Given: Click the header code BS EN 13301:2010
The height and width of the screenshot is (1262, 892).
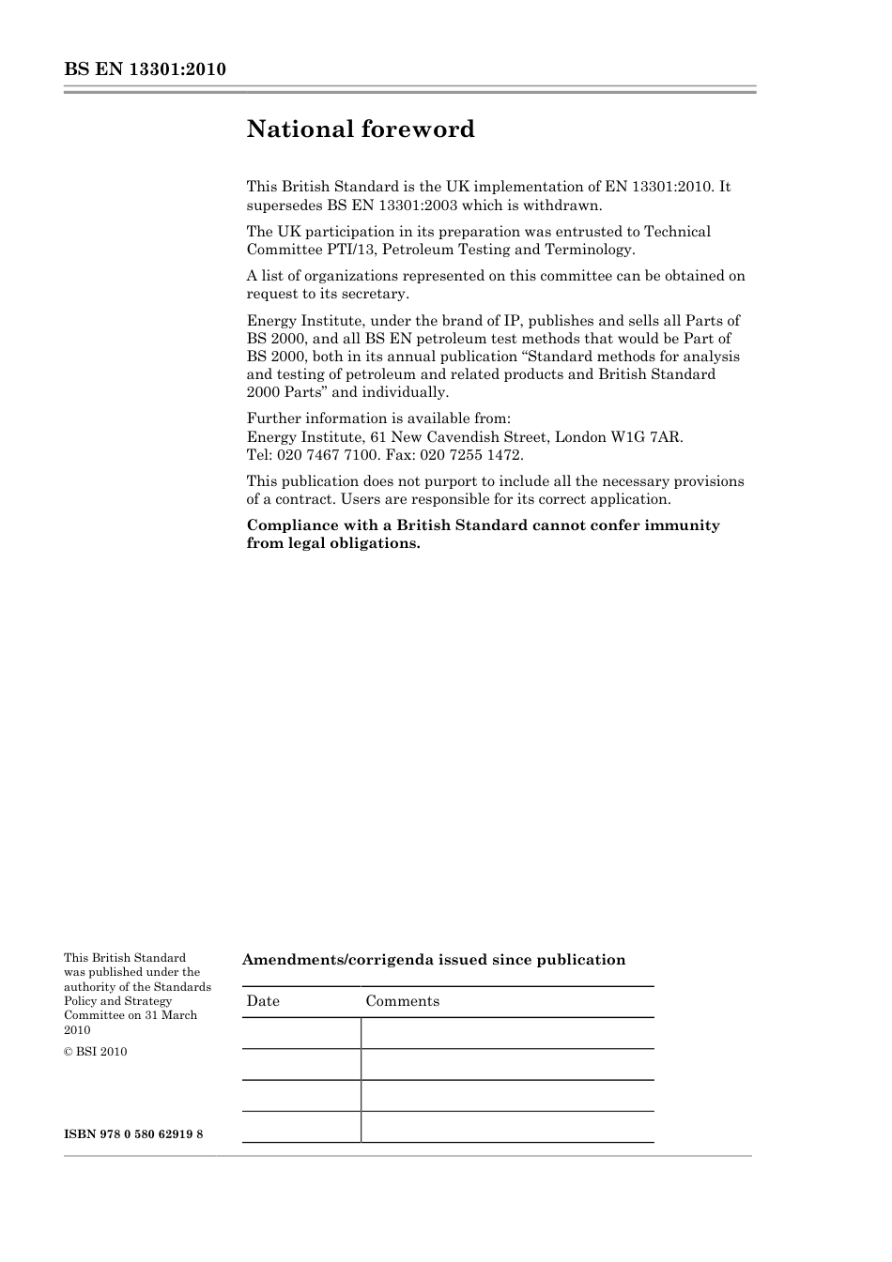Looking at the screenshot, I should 145,70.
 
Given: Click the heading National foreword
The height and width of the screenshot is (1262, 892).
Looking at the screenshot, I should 361,129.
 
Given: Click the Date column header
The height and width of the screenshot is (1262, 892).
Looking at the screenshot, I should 263,1001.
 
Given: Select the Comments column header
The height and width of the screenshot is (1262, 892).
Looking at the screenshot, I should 402,1001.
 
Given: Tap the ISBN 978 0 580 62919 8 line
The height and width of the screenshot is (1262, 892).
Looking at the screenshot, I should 133,1134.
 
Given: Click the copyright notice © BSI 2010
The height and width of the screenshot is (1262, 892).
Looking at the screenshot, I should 95,1052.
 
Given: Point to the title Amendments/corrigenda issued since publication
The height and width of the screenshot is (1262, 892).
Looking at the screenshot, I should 434,960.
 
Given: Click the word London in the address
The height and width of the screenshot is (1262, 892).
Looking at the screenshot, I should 580,437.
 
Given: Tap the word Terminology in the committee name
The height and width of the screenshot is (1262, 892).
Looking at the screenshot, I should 590,250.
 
